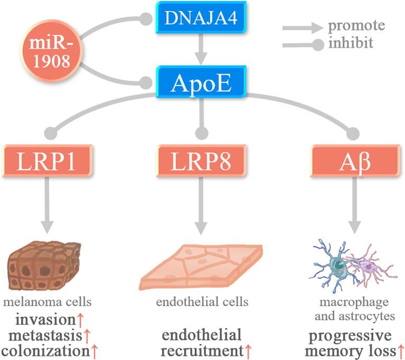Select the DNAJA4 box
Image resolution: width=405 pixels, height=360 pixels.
click(x=200, y=20)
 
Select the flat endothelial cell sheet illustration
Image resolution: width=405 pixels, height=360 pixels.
click(x=201, y=267)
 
